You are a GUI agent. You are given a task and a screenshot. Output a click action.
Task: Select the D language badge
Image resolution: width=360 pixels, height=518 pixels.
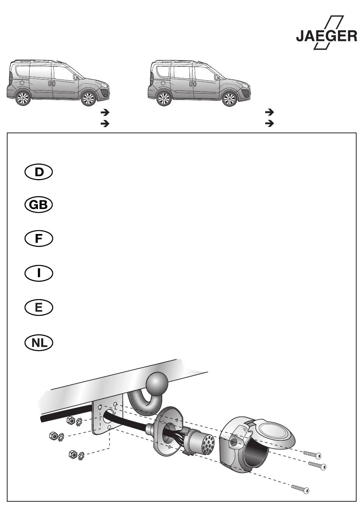click(39, 172)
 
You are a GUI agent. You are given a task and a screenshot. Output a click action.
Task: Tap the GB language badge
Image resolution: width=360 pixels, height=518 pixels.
click(39, 205)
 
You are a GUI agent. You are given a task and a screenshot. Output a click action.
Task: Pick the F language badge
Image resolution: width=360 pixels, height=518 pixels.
click(39, 239)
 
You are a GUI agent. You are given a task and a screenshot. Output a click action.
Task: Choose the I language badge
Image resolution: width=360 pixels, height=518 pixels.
click(39, 273)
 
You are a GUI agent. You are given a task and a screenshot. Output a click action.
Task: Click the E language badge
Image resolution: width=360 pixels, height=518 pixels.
click(39, 308)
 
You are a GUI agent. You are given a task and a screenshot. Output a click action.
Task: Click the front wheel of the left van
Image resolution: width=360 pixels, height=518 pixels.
click(89, 98)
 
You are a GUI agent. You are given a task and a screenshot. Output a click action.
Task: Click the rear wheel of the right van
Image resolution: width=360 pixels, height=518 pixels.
click(164, 98)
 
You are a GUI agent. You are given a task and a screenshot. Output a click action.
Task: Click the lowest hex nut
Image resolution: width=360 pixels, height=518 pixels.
click(73, 454)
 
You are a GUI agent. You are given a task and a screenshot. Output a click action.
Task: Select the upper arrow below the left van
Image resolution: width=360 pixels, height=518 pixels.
click(105, 112)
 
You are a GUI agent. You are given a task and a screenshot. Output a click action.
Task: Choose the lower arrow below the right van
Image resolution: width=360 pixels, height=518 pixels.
click(269, 123)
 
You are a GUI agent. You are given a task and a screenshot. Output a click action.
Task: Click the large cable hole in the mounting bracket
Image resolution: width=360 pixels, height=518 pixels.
click(109, 416)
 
